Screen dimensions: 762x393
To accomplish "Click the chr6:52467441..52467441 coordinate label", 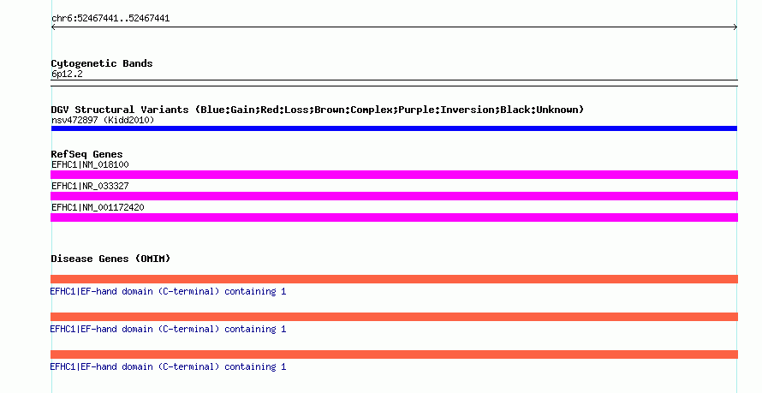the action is (110, 19).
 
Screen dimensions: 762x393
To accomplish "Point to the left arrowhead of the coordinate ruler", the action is (53, 27).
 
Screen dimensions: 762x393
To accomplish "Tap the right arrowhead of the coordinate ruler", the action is (735, 27).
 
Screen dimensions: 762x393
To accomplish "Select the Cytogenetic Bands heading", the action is (102, 63).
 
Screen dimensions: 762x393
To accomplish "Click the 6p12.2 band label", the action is (67, 74).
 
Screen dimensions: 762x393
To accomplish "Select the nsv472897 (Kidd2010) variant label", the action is (103, 120).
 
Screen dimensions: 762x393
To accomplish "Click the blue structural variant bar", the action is (394, 128).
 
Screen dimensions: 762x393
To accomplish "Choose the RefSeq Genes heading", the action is (86, 154).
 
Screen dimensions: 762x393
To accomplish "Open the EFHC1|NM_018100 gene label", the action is (90, 164).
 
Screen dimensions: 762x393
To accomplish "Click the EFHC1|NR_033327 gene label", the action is (90, 186).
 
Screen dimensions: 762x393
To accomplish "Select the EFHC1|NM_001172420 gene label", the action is (98, 207).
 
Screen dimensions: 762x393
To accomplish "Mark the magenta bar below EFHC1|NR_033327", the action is (394, 196).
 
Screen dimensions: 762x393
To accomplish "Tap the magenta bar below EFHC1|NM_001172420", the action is (394, 217).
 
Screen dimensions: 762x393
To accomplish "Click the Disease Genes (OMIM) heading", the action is (110, 259).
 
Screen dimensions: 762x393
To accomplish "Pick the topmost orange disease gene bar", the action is (394, 279).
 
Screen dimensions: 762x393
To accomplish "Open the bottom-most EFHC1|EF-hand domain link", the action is (168, 366).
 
